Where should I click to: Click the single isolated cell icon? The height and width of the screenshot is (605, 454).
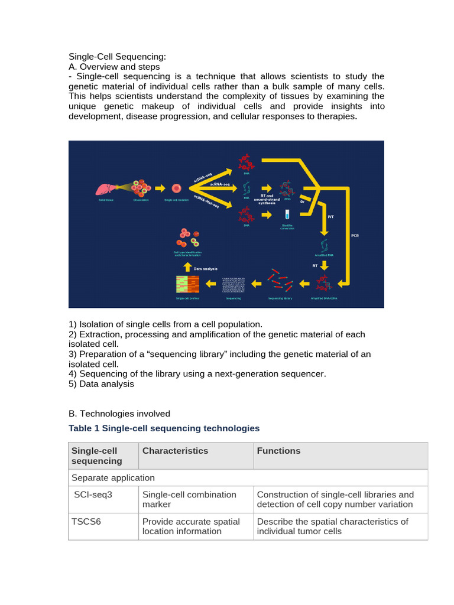[176, 188]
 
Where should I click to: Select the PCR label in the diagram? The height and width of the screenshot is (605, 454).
[355, 236]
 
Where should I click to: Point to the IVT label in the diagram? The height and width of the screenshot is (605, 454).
[331, 217]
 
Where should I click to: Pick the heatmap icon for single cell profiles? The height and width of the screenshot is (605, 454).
[187, 285]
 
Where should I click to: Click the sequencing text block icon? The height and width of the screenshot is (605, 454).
[234, 285]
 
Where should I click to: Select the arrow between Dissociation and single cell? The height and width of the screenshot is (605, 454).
[160, 188]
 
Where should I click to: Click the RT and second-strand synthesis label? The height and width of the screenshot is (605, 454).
[267, 198]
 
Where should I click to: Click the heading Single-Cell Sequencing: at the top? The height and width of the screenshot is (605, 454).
[118, 57]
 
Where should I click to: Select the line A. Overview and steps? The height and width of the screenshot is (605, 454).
[114, 67]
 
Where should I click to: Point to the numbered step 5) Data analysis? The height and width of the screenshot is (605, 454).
[101, 384]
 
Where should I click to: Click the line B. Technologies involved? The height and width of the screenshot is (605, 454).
[119, 414]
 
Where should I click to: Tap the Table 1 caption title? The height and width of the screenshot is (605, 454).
[164, 428]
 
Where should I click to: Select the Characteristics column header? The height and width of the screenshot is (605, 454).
[175, 451]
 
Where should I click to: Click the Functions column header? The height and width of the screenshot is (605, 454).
[278, 451]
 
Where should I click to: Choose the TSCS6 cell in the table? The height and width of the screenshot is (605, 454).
[86, 522]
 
